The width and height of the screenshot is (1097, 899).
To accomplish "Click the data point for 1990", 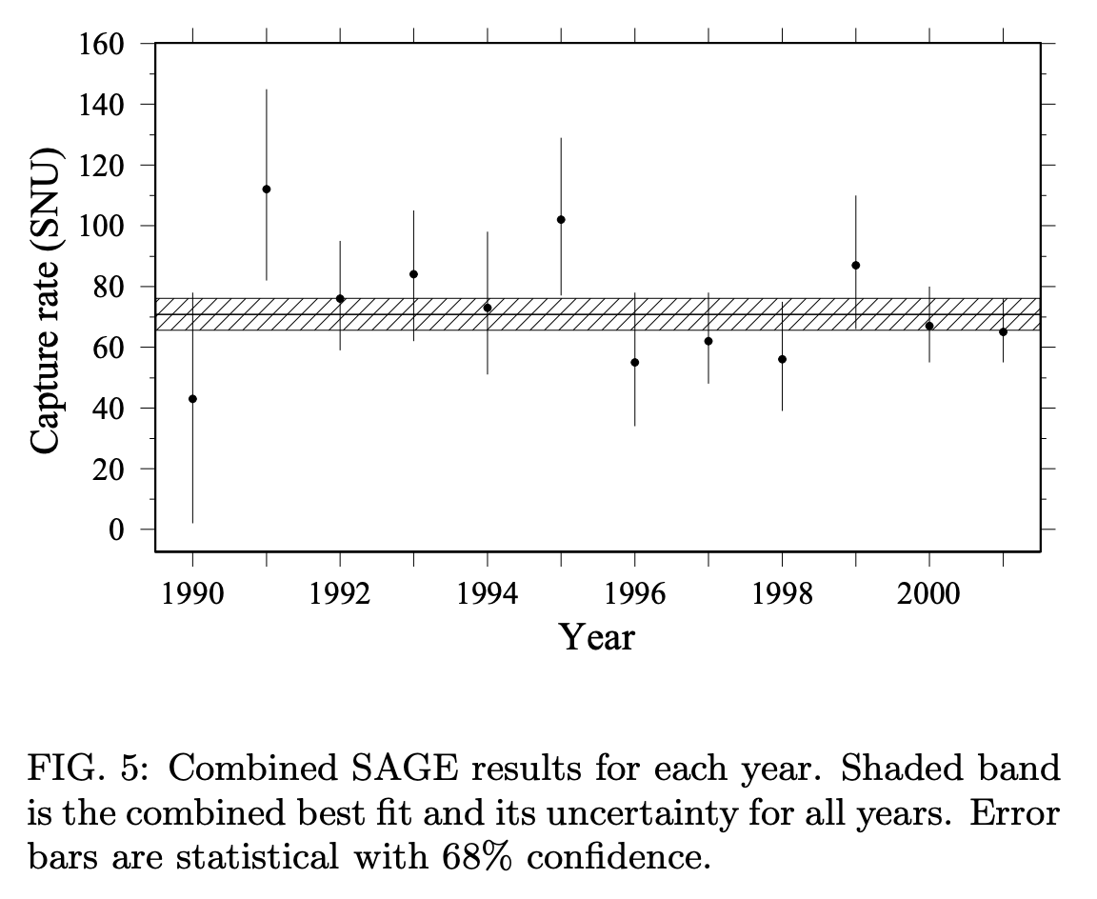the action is pos(192,399).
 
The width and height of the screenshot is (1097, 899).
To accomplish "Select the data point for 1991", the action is pos(267,189).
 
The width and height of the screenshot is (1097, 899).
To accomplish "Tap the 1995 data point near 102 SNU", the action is pos(561,220).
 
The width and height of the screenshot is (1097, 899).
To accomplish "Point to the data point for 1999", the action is pos(856,265).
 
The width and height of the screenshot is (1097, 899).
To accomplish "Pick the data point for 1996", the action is pos(634,363).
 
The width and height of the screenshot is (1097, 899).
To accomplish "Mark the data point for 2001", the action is pos(1004,331).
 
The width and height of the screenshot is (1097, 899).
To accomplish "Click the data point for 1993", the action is pos(413,274).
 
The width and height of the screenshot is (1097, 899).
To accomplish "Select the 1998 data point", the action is pos(782,359).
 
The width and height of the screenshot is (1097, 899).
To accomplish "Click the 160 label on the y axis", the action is pos(101,44).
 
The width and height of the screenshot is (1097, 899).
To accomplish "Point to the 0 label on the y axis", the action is pos(116,529).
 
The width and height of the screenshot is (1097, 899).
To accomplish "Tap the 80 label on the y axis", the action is pos(109,287).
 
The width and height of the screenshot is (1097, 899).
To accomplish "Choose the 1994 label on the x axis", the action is pos(487,594).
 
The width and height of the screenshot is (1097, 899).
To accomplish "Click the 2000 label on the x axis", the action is pos(928,594).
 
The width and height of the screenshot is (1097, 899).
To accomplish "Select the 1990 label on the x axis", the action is pos(192,594).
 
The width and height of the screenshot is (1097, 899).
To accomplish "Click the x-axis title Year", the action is pos(597,637).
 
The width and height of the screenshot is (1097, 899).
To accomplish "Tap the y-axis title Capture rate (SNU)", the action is pos(46,301).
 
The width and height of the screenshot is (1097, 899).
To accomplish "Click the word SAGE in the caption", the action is pos(405,769).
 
